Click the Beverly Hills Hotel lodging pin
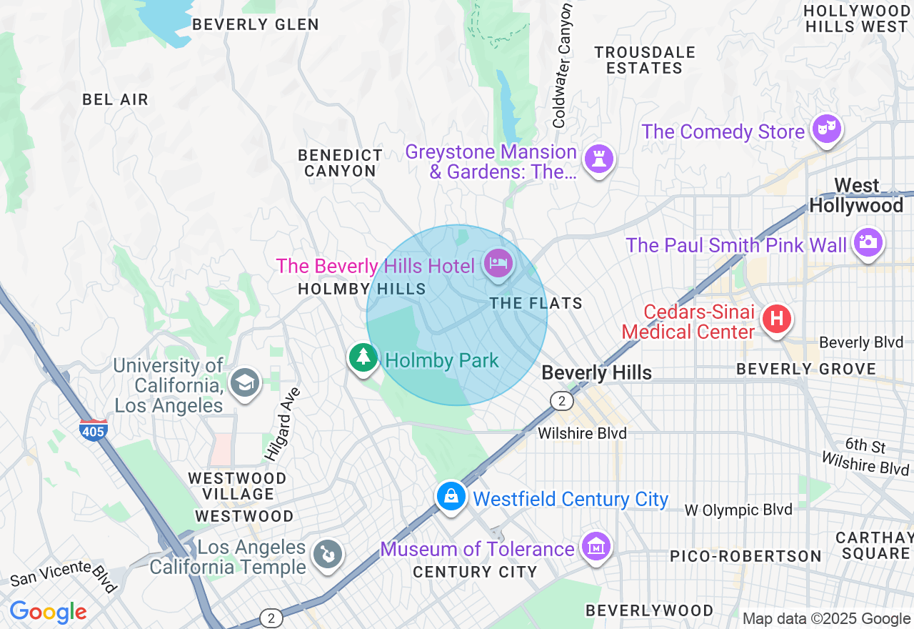(498, 264)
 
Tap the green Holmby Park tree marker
(363, 356)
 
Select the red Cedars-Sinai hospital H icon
(777, 318)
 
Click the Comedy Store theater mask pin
(827, 129)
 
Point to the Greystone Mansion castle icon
(598, 159)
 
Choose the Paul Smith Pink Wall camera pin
(868, 242)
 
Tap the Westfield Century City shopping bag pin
(451, 495)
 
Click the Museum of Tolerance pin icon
(596, 547)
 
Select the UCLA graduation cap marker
(245, 383)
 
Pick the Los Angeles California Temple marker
(328, 554)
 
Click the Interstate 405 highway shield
(94, 430)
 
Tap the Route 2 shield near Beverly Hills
(562, 400)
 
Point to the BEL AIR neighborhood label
(116, 99)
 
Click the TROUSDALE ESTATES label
(645, 60)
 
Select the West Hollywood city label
(856, 196)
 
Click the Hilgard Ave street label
(283, 424)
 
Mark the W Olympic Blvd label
(738, 510)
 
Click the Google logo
(48, 612)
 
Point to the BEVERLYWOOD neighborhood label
(649, 610)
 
